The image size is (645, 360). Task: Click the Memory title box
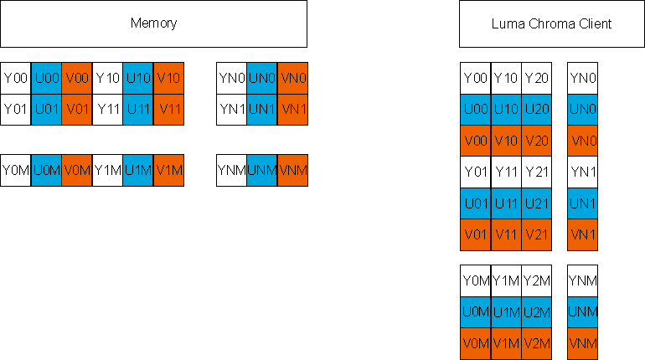(153, 23)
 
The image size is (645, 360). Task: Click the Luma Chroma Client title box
(550, 23)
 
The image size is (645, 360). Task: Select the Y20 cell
(536, 78)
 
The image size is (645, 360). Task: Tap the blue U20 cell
(536, 109)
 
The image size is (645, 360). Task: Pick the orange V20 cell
(536, 141)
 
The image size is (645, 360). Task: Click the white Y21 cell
(536, 172)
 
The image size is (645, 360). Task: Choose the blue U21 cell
(536, 203)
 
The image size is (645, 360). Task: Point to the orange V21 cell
(536, 234)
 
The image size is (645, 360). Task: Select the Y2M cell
(536, 280)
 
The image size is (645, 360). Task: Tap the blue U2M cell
(536, 311)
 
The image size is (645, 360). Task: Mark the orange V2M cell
(536, 342)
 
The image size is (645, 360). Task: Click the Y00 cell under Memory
(16, 78)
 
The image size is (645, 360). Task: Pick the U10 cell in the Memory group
(137, 78)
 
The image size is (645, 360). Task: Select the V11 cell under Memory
(168, 109)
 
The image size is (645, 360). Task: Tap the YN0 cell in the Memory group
(231, 78)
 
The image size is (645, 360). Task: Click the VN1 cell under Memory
(292, 109)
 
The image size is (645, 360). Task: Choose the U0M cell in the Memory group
(46, 170)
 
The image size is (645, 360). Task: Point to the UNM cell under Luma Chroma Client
(582, 311)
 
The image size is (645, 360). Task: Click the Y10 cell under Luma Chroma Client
(506, 78)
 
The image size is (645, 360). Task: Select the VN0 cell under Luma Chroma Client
(582, 141)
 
